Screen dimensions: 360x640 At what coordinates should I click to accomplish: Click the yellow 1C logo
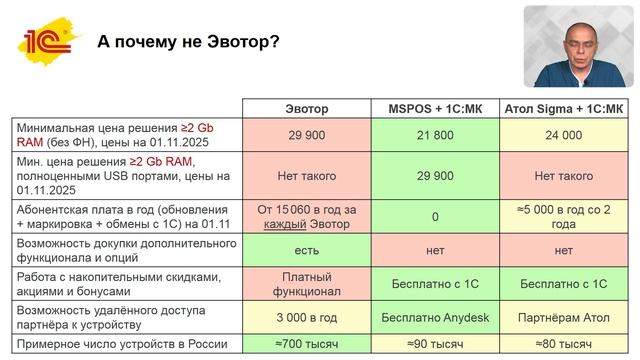pos(46,41)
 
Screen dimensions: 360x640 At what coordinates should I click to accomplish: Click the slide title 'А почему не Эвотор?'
pos(188,42)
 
